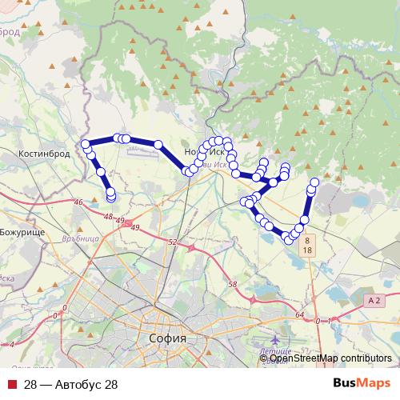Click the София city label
pos(168,338)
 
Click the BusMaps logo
pos(362,384)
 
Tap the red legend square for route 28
pos(12,385)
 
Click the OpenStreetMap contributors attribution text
pos(330,358)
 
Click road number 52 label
pos(173,242)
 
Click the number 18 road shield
pos(307,250)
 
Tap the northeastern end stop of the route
pos(314,182)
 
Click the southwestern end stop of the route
pos(110,196)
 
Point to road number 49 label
pos(121,222)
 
